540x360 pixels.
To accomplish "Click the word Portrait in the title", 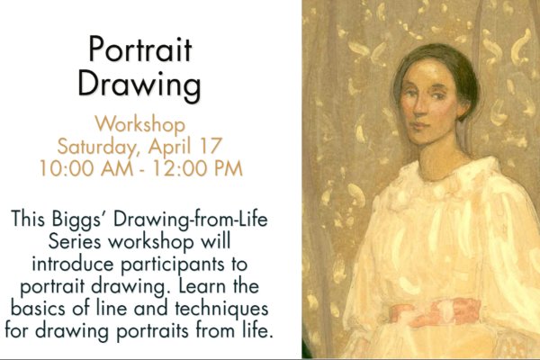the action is pyautogui.click(x=139, y=49).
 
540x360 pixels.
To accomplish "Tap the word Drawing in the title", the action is pyautogui.click(x=139, y=85).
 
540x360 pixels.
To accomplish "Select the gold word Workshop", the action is pyautogui.click(x=139, y=125).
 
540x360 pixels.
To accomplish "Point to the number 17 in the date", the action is pyautogui.click(x=211, y=146).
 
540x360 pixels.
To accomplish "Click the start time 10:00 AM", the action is pyautogui.click(x=86, y=168).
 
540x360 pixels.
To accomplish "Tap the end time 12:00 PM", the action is pyautogui.click(x=197, y=168).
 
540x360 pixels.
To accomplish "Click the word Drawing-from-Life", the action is pyautogui.click(x=191, y=220).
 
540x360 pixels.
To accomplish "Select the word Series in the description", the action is pyautogui.click(x=75, y=241).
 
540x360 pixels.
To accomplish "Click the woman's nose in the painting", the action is pyautogui.click(x=419, y=107).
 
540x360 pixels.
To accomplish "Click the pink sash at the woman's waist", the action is pyautogui.click(x=436, y=313).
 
